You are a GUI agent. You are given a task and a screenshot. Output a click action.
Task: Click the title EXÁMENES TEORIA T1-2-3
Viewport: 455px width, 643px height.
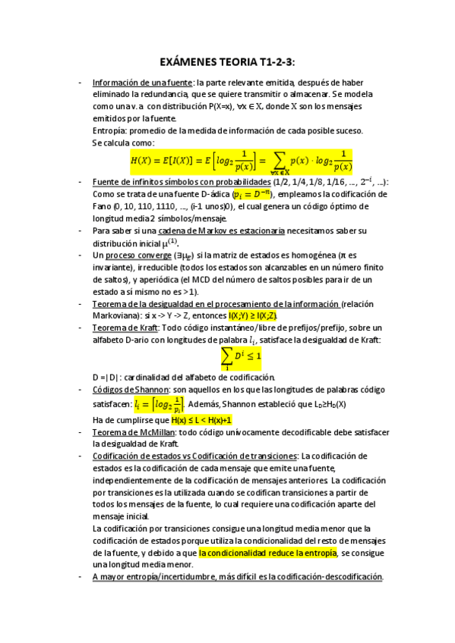click(227, 61)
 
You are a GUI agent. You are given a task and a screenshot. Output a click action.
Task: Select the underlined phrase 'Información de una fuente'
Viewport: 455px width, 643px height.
click(142, 83)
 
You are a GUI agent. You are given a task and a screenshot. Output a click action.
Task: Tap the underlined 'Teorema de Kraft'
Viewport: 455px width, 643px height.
click(127, 327)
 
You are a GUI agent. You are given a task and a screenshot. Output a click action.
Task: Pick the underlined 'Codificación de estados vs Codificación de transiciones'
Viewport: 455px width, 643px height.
click(194, 456)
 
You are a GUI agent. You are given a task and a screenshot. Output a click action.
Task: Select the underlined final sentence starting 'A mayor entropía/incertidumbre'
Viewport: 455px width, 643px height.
click(237, 576)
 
